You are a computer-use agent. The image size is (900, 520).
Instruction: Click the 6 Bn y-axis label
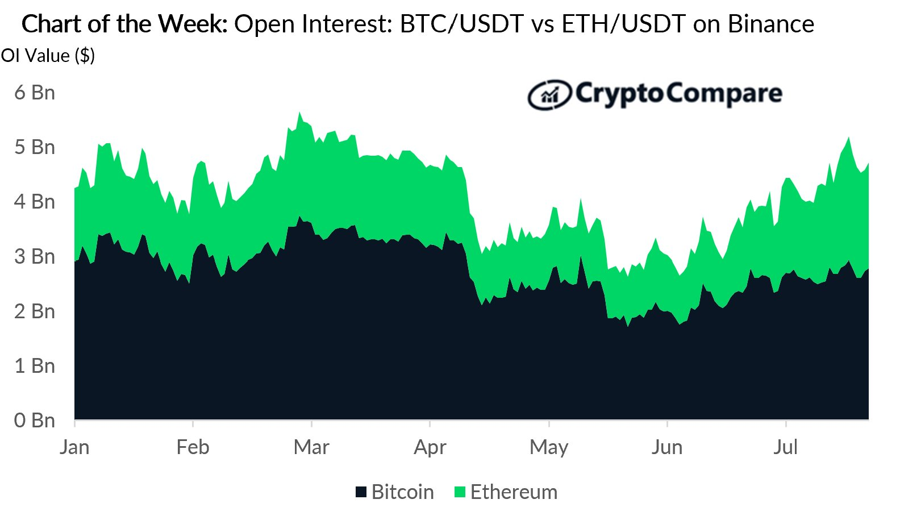point(35,93)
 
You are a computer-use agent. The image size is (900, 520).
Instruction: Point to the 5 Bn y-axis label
point(35,147)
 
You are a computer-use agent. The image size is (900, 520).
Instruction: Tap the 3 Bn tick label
point(35,257)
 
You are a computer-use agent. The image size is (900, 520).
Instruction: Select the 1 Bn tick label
point(35,366)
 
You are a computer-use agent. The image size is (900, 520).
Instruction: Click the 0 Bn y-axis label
point(35,421)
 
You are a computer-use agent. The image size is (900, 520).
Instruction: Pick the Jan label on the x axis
point(74,447)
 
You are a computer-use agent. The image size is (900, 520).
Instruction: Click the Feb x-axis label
point(193,447)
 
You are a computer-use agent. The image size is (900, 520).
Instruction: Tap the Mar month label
point(311,447)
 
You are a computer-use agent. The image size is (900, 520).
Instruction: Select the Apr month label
point(430,448)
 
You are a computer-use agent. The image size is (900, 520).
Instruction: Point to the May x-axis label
point(549,448)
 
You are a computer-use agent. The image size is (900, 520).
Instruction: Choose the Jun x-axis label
point(667,447)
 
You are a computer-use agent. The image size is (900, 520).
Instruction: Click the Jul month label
point(786,447)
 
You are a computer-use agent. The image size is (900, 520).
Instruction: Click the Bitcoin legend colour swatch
point(361,492)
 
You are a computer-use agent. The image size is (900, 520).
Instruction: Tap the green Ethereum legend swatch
point(460,492)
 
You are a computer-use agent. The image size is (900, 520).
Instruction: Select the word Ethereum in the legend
point(514,492)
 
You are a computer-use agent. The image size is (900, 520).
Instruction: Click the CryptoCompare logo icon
point(549,95)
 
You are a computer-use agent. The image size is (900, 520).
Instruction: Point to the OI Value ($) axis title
point(48,56)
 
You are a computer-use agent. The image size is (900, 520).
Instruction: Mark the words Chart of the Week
point(124,24)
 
